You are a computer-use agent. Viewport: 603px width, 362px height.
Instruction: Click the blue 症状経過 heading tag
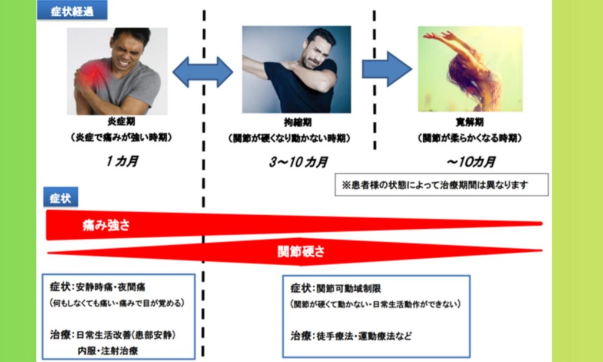click(x=71, y=11)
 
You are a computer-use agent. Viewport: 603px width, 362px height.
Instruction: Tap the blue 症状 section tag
click(x=61, y=198)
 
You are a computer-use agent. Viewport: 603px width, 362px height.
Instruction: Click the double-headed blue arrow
click(x=203, y=72)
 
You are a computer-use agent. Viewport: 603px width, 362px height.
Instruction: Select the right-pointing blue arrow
click(x=386, y=69)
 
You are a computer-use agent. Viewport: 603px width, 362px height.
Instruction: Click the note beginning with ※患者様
click(x=440, y=184)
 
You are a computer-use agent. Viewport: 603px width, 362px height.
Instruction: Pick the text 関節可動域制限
click(x=344, y=288)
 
